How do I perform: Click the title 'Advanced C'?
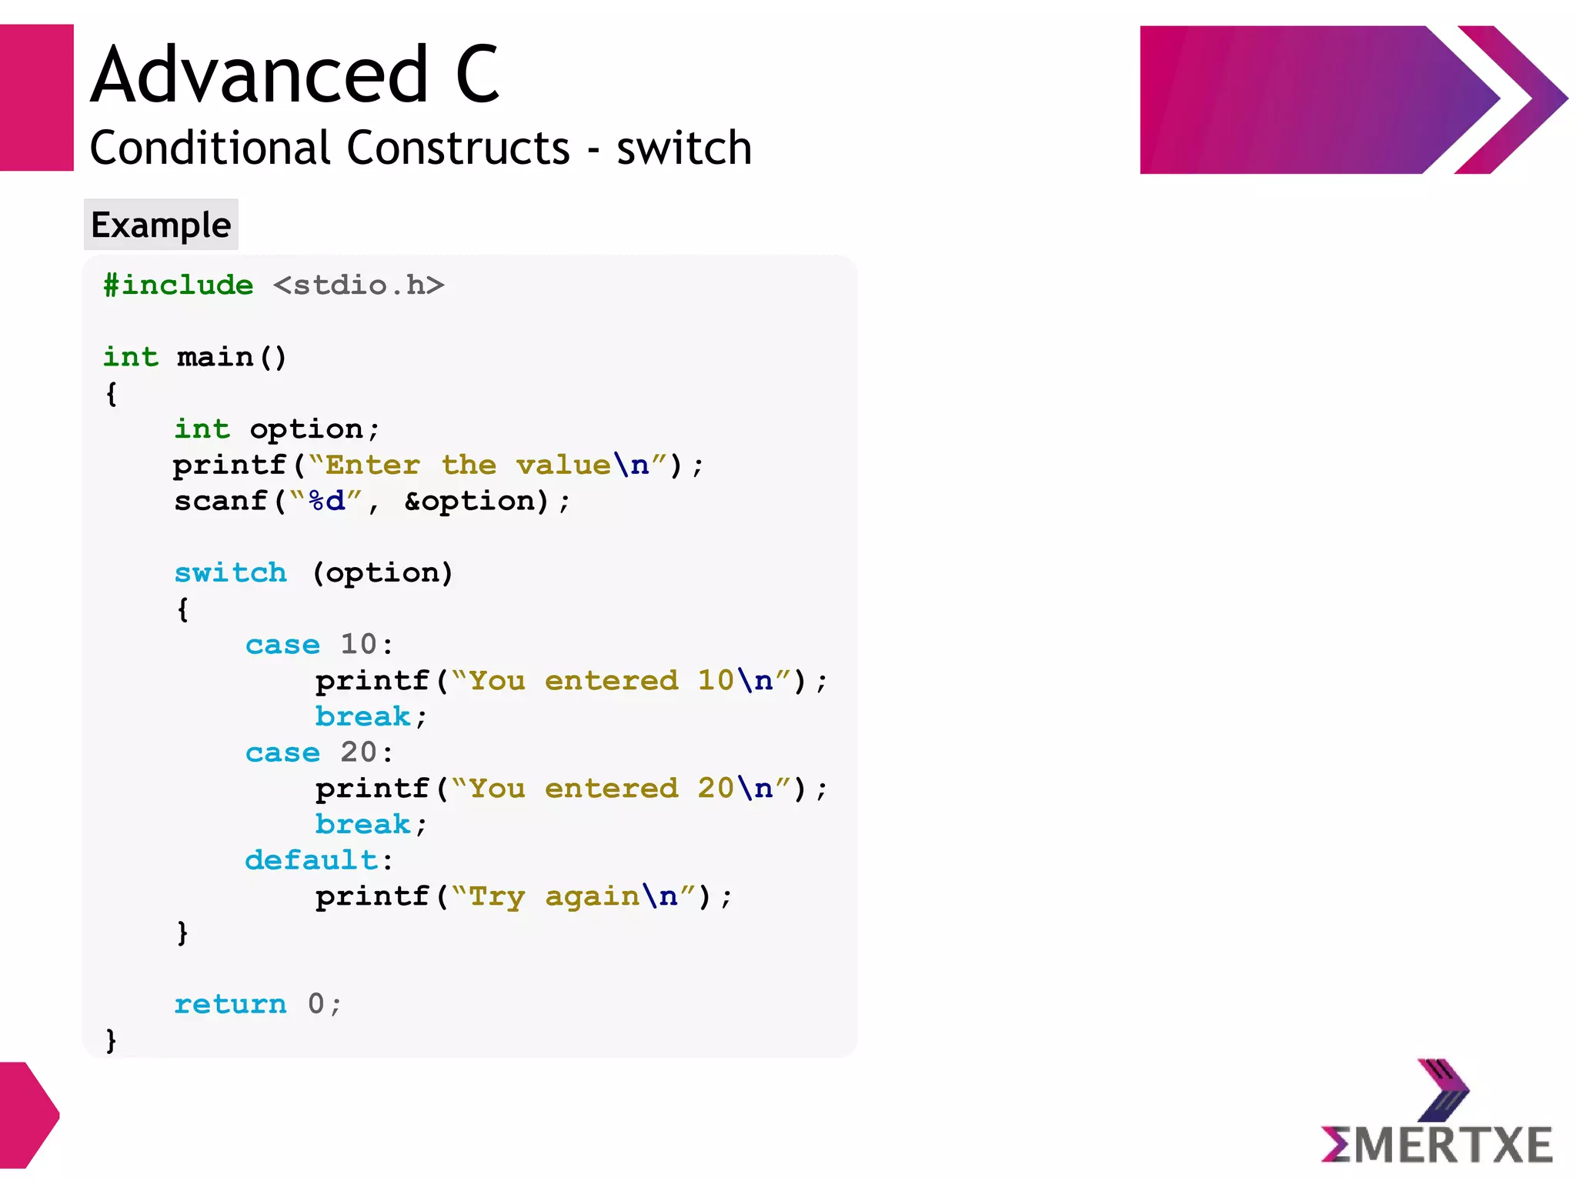point(295,75)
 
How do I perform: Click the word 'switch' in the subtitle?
point(683,148)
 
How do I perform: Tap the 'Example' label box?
point(161,225)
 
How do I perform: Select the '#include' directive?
point(179,285)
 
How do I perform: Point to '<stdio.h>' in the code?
point(359,285)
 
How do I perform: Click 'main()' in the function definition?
point(231,357)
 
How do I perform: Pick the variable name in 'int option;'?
point(306,429)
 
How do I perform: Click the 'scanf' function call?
point(220,501)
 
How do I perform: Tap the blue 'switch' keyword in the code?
point(230,572)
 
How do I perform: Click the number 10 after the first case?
point(359,644)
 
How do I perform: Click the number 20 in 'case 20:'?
point(359,752)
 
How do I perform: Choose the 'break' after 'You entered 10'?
point(362,716)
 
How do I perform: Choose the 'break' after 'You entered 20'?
point(362,824)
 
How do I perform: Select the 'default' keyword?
point(312,859)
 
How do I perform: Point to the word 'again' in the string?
point(592,896)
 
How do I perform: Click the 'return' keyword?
point(230,1003)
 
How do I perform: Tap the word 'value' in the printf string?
point(563,465)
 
